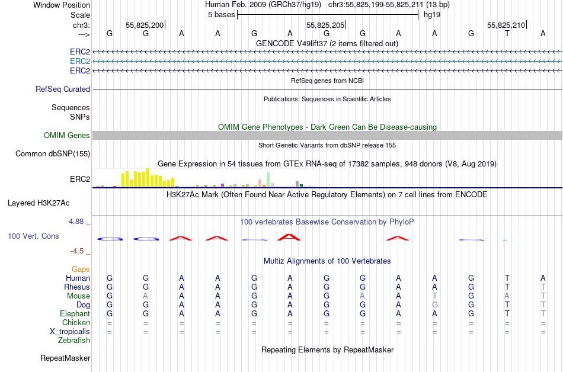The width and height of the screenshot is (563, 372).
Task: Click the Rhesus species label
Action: tap(77, 287)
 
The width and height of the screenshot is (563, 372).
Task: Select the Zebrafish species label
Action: tap(74, 341)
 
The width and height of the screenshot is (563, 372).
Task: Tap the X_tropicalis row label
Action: tap(70, 332)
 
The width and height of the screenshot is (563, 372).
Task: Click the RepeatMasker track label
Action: tap(65, 358)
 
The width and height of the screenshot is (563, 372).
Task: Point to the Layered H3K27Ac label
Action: tap(39, 203)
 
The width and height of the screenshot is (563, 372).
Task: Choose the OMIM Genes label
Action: tap(67, 136)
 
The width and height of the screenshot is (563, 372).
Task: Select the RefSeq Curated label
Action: tap(63, 89)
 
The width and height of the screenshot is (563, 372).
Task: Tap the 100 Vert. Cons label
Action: tap(33, 236)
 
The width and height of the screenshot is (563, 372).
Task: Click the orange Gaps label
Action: tap(81, 270)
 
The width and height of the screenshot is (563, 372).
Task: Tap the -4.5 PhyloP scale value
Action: tap(78, 251)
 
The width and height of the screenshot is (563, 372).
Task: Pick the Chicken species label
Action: tap(76, 323)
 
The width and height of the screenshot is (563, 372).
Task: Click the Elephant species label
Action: tap(75, 314)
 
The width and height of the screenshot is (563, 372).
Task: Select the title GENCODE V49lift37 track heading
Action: tap(327, 44)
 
